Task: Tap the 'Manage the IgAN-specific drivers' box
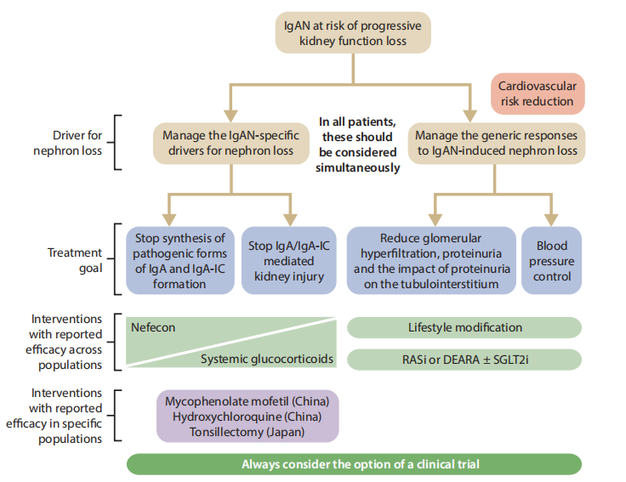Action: [x=230, y=143]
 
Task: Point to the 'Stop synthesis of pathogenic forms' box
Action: [x=179, y=260]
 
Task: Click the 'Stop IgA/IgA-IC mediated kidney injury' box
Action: [x=289, y=260]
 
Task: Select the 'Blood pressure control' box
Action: [x=551, y=260]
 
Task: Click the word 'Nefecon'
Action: [x=154, y=326]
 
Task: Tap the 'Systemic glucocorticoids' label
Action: [x=266, y=360]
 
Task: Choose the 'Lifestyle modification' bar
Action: [x=464, y=327]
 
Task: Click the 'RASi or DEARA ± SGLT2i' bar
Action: [x=464, y=360]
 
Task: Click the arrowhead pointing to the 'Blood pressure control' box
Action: [x=551, y=218]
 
